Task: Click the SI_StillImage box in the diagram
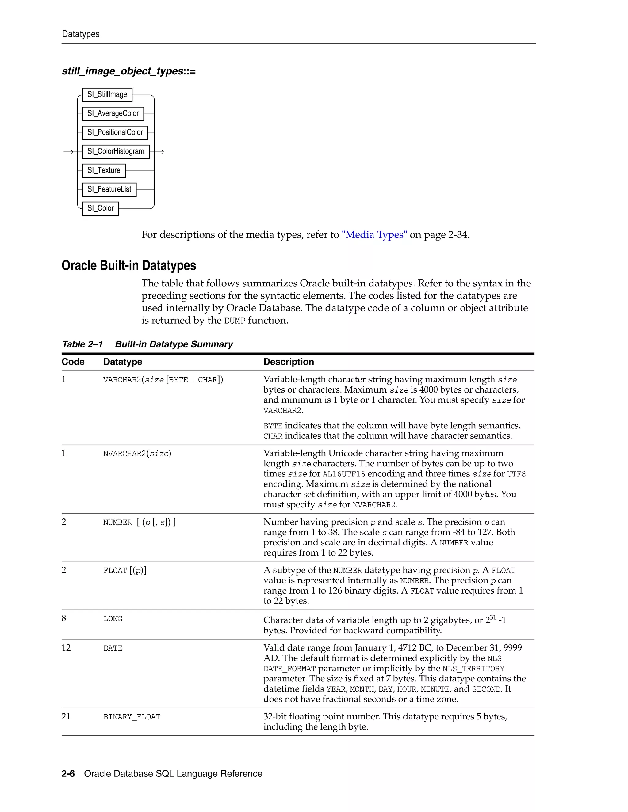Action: click(x=107, y=94)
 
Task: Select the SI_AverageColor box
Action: click(x=113, y=113)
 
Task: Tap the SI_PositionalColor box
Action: click(x=115, y=132)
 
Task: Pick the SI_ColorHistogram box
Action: click(x=116, y=151)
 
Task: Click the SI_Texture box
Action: click(x=104, y=170)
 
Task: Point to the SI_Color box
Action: click(x=101, y=208)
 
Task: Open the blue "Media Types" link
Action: click(x=374, y=235)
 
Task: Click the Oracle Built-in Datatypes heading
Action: click(x=129, y=265)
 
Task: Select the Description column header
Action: click(x=289, y=362)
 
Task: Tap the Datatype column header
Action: click(x=123, y=362)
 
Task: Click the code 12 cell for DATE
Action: click(x=66, y=648)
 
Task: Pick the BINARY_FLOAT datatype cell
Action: click(x=132, y=717)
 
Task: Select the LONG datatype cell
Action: click(x=113, y=619)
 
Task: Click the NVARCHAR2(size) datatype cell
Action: click(x=137, y=453)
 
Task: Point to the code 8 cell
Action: click(x=64, y=618)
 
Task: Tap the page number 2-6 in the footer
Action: click(x=68, y=774)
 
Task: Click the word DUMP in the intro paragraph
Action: click(x=235, y=321)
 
